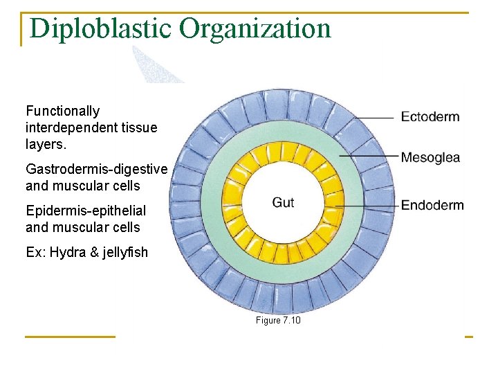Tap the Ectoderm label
coord(430,116)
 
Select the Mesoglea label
coord(430,158)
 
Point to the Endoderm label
coord(432,205)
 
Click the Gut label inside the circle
coord(283,202)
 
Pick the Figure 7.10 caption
coord(278,321)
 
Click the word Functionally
coord(62,111)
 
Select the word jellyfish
coord(124,252)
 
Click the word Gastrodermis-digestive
coord(96,169)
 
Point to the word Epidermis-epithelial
coord(86,211)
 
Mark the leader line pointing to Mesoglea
coord(377,157)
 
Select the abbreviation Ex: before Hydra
coord(35,252)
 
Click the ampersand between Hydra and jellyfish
coord(93,252)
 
